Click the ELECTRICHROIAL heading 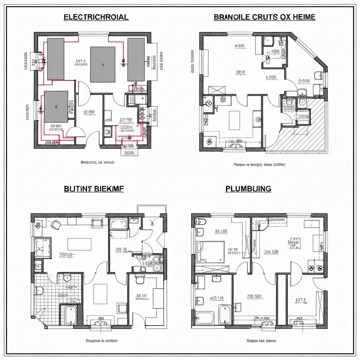click(96, 17)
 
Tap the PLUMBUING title click(248, 189)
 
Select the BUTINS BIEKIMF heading click(94, 189)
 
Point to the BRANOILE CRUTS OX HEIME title click(264, 17)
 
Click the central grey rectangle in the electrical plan click(103, 65)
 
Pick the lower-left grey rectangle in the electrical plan click(56, 107)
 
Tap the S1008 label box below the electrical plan click(129, 153)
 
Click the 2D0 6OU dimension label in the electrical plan click(56, 125)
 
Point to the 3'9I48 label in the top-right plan click(304, 81)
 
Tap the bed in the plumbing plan click(210, 251)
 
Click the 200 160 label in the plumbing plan click(255, 296)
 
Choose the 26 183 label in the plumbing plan click(221, 231)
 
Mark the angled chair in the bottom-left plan click(56, 224)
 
